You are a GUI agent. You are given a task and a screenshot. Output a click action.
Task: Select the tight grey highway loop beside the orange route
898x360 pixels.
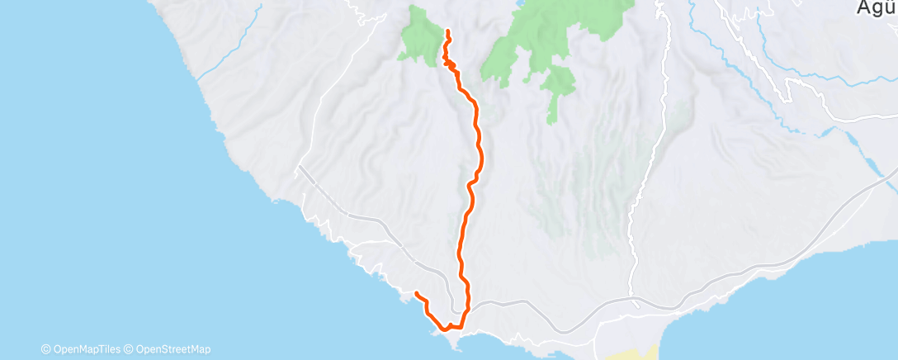click(452, 285)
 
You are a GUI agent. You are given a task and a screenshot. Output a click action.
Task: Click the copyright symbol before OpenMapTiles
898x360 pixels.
click(46, 348)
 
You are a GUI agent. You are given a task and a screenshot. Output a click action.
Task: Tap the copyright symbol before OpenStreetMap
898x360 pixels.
click(130, 348)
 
